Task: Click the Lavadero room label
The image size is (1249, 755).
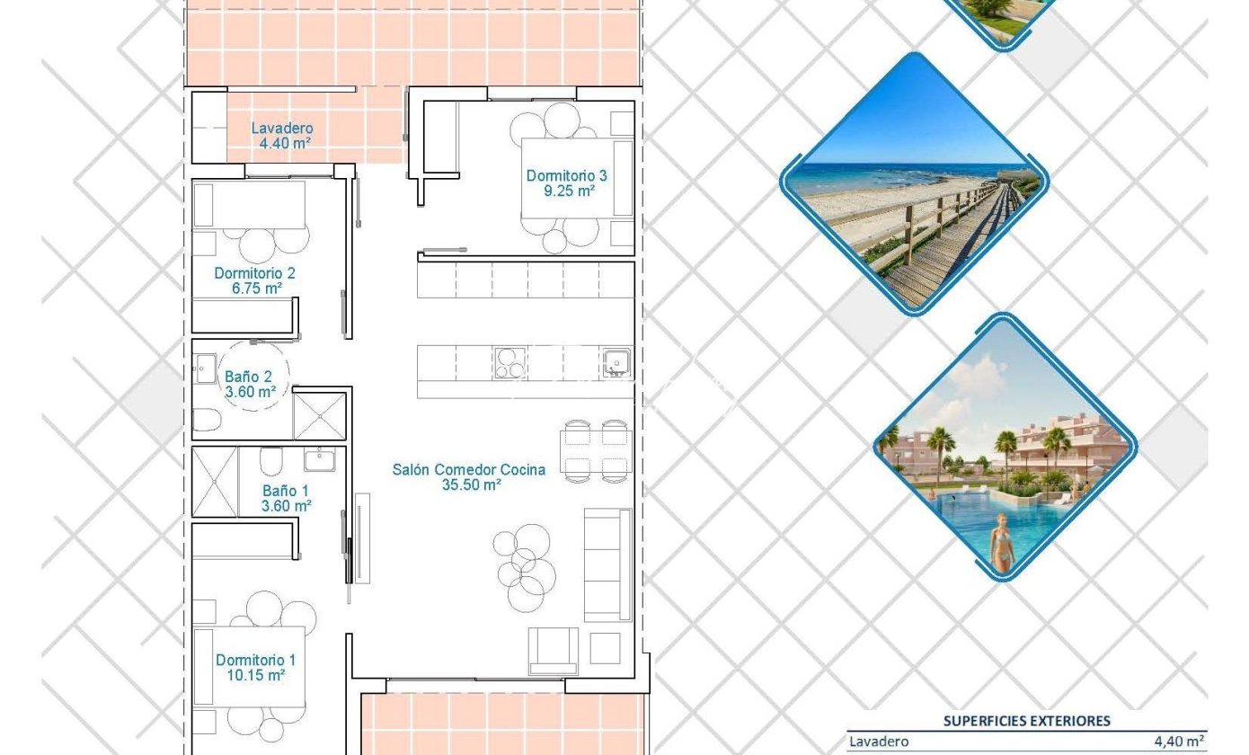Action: click(282, 129)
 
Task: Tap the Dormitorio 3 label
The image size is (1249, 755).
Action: click(566, 175)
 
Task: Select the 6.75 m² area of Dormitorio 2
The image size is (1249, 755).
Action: click(257, 289)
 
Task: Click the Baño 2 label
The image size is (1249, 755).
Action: click(248, 377)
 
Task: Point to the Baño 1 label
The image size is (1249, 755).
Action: click(286, 491)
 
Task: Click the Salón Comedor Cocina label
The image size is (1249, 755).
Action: click(469, 469)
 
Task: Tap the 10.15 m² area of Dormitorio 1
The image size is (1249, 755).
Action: click(256, 675)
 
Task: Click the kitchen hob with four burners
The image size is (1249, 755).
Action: click(510, 363)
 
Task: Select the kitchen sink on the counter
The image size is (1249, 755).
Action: click(616, 363)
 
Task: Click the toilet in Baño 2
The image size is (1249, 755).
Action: click(207, 420)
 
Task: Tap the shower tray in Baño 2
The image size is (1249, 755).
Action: click(320, 415)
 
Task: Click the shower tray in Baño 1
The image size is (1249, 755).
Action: click(215, 481)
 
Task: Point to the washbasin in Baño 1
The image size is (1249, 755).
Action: click(320, 459)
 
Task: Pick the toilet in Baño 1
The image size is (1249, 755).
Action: click(271, 461)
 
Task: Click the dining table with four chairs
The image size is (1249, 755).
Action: click(596, 451)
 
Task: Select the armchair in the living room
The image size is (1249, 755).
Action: click(554, 651)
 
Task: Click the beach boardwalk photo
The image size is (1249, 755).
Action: click(915, 184)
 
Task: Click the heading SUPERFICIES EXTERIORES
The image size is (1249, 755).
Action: click(1026, 721)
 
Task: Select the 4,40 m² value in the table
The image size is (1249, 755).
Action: click(1178, 741)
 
